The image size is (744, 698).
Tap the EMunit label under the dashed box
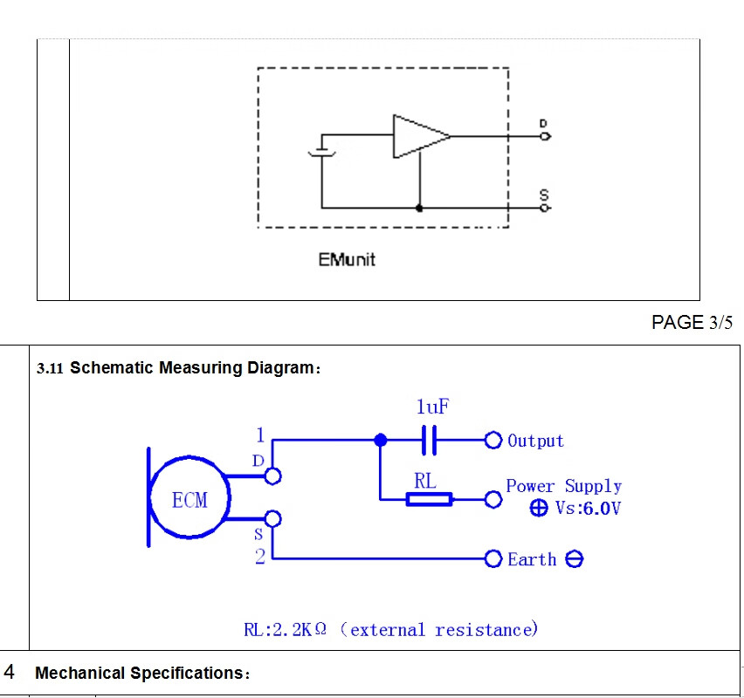coord(347,259)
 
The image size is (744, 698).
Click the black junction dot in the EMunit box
coord(420,209)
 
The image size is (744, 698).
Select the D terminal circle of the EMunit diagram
coord(546,136)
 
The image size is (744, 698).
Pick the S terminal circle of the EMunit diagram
coord(546,209)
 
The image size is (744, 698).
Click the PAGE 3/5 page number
coord(692,323)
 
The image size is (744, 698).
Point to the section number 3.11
coord(50,369)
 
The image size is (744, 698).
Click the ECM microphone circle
coord(190,500)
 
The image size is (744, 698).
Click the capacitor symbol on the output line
coord(428,441)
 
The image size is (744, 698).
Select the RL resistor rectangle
coord(429,499)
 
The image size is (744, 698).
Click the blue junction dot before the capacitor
coord(380,441)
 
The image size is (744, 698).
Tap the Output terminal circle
coord(493,441)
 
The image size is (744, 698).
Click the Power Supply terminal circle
coord(493,499)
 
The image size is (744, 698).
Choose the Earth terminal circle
coord(493,558)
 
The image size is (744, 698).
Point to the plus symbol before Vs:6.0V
coord(539,509)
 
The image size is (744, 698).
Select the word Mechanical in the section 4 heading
coord(80,674)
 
